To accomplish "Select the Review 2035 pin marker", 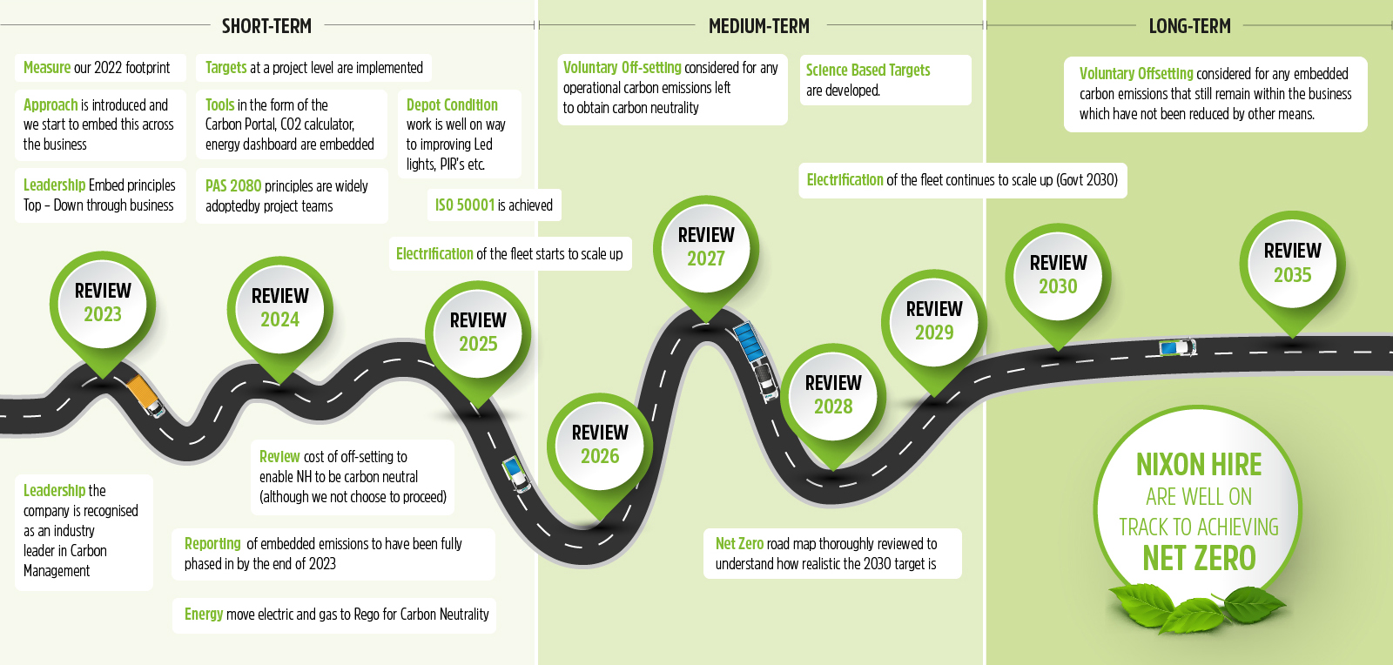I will tap(1292, 263).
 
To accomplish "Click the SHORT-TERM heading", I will tap(266, 26).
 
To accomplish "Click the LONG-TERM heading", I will tap(1189, 26).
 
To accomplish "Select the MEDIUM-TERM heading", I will tap(759, 26).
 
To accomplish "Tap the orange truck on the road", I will tap(145, 396).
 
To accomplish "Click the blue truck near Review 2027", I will tap(748, 342).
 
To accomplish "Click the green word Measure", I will tap(47, 68).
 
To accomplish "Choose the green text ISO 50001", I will tap(465, 205).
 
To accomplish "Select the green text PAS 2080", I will tap(233, 186).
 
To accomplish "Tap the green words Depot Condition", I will tap(452, 105).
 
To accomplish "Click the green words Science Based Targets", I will tap(867, 71).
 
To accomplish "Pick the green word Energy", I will tap(204, 615).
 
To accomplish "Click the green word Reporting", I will tap(212, 544).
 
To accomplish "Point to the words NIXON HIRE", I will tap(1198, 465).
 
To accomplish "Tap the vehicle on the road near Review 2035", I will tap(1178, 348).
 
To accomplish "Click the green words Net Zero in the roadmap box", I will tap(739, 544).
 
